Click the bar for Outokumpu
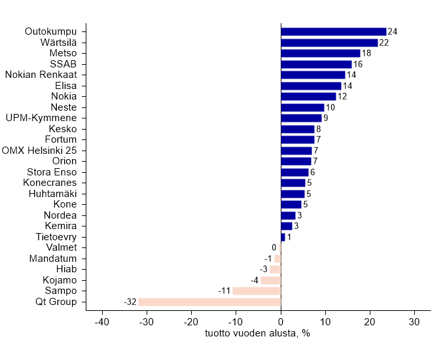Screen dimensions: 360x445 [x=334, y=31]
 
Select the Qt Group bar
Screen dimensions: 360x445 [x=209, y=302]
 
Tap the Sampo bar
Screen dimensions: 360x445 [x=257, y=291]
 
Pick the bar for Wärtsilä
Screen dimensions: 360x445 [x=329, y=43]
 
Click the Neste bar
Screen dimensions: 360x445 [x=303, y=107]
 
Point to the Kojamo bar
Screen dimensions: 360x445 [x=270, y=280]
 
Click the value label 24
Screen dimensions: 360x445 [x=393, y=31]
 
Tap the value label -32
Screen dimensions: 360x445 [x=130, y=302]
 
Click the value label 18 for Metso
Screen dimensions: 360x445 [x=366, y=53]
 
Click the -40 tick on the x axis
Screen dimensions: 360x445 [x=102, y=322]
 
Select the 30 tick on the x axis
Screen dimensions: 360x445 [x=414, y=322]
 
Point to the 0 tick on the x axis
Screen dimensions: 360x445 [x=281, y=322]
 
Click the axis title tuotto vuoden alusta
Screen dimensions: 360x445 [x=257, y=334]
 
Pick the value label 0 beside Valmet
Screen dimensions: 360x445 [x=274, y=247]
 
